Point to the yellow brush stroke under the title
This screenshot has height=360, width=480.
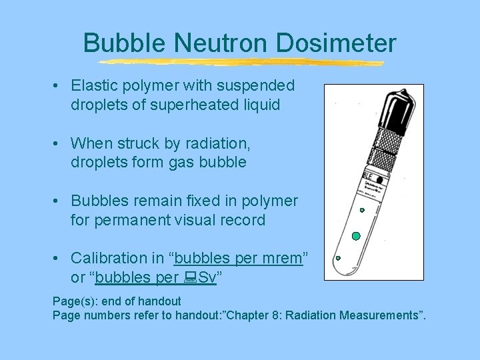[x=240, y=63]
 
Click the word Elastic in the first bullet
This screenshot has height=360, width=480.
[x=93, y=86]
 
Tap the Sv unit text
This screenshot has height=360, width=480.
[x=207, y=277]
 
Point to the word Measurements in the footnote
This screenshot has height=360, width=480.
[x=377, y=315]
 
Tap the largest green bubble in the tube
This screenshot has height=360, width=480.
[x=356, y=236]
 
